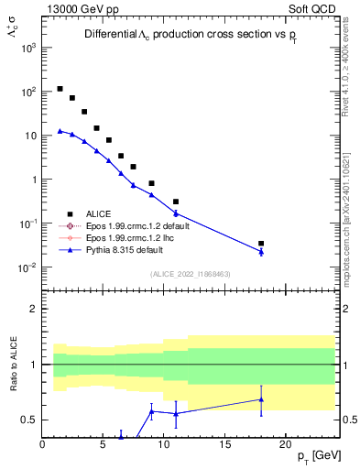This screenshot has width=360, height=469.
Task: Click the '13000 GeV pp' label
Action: [75, 7]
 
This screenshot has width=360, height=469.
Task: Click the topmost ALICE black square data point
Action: [60, 89]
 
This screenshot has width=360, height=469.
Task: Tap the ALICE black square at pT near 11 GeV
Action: [176, 202]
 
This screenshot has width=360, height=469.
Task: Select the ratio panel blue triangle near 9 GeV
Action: [151, 410]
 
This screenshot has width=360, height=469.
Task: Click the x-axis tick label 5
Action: [103, 444]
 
